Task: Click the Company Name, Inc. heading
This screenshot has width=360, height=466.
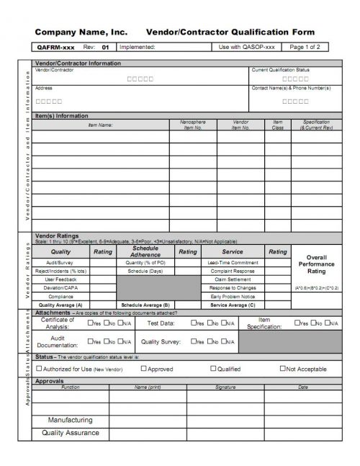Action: tap(81, 32)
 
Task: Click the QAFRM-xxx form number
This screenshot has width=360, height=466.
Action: tap(55, 47)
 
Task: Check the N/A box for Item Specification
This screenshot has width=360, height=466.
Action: tap(325, 323)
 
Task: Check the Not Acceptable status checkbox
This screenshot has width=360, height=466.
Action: tap(283, 368)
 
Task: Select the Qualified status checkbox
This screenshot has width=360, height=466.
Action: tap(213, 368)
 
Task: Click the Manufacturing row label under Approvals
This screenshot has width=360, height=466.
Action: tap(70, 419)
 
